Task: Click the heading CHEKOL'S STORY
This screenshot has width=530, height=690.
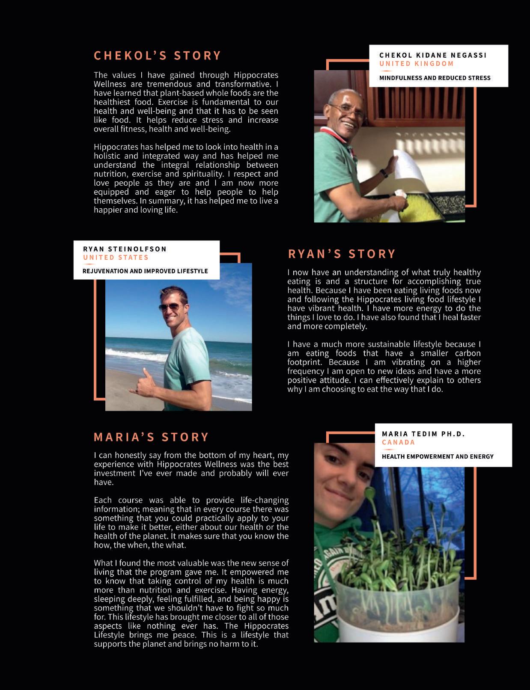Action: (x=157, y=56)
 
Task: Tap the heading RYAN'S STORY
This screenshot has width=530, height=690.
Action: (x=342, y=254)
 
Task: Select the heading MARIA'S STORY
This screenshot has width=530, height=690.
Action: (x=151, y=437)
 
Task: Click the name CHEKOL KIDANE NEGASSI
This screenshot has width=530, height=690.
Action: (x=433, y=55)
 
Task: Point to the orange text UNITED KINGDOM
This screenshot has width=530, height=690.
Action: (x=416, y=64)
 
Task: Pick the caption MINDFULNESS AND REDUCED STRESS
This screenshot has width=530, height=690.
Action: (x=435, y=78)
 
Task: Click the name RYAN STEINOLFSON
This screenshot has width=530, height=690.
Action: (x=125, y=249)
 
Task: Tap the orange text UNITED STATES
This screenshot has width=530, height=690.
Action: (x=116, y=258)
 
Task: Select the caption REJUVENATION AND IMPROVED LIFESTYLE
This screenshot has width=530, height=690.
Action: (x=145, y=271)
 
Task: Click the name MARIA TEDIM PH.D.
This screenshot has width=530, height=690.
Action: (x=423, y=434)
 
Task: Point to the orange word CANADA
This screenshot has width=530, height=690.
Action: (x=398, y=442)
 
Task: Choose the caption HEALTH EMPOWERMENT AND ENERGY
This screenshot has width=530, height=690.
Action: (x=438, y=456)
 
